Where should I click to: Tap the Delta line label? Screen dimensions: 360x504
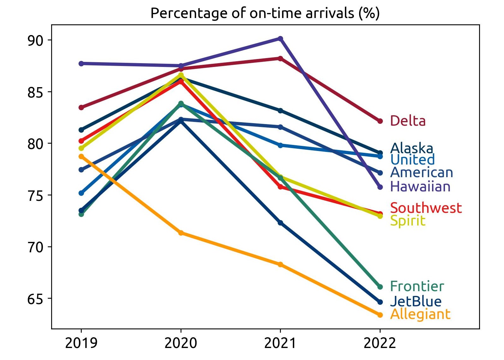coord(407,121)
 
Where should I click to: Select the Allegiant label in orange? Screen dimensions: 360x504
coord(420,314)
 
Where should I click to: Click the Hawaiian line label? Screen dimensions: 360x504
coord(420,187)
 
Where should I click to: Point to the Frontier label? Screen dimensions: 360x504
coord(417,286)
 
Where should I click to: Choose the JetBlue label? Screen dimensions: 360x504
coord(416,301)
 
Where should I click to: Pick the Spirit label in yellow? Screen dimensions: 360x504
coord(407,221)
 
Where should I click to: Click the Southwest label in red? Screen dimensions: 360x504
coord(426,208)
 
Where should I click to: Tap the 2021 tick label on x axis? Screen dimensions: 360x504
coord(280,343)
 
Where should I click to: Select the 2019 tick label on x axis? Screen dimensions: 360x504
coord(81,343)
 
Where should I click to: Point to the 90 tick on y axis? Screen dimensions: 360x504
coord(35,40)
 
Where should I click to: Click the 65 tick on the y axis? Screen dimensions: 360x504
coord(35,299)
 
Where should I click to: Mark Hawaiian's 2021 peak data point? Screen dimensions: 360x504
coord(280,39)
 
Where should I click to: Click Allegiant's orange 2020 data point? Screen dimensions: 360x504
coord(181,233)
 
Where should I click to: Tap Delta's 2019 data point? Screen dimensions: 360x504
coord(81,107)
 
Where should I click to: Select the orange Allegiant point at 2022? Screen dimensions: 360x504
coord(380,315)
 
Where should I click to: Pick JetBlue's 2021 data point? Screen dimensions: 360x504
coord(280,223)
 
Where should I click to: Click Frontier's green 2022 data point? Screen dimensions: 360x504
coord(380,287)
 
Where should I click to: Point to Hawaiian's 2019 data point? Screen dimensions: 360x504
coord(81,63)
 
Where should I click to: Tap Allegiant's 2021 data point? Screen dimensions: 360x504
coord(280,264)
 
